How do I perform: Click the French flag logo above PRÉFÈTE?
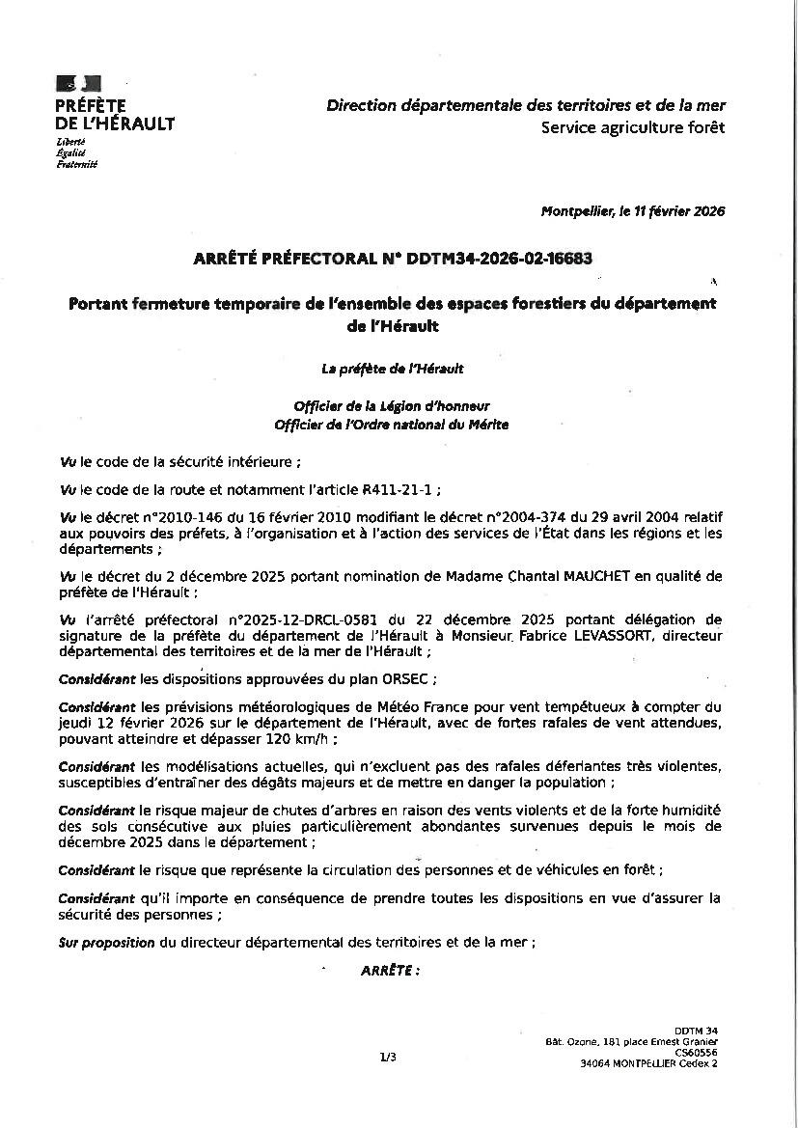click(x=78, y=84)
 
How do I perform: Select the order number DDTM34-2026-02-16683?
click(x=500, y=259)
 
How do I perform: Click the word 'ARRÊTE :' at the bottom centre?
click(x=390, y=971)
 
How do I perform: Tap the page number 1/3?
click(x=388, y=1058)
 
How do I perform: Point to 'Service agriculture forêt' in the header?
click(x=632, y=127)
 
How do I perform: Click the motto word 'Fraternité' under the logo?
click(x=77, y=164)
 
